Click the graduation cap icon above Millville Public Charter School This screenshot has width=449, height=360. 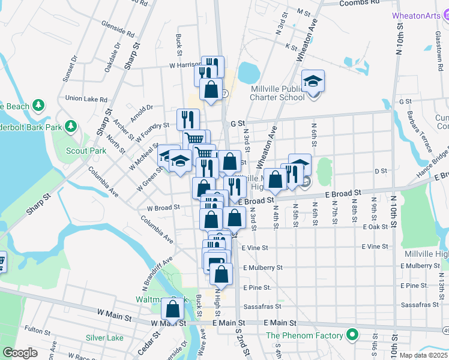(x=313, y=80)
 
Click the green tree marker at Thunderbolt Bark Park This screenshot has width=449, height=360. (x=71, y=127)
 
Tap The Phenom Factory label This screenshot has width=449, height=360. (x=304, y=335)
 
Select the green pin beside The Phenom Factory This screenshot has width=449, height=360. (x=352, y=335)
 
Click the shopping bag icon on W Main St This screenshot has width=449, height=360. (x=173, y=310)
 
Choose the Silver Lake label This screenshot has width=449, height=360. (x=104, y=338)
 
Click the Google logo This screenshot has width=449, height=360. (x=20, y=353)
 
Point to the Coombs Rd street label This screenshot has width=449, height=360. (x=360, y=3)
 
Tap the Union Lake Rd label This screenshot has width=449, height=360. (x=86, y=98)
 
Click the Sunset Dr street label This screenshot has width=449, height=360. (x=70, y=69)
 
